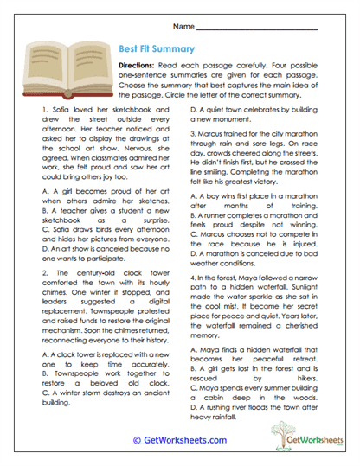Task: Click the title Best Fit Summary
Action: pyautogui.click(x=155, y=49)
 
